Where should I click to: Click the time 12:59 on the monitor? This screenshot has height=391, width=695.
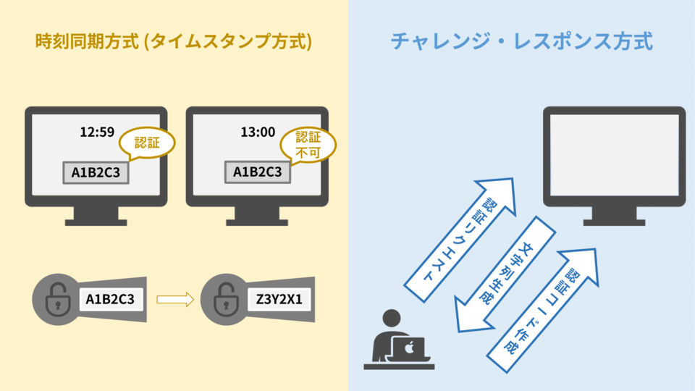[x=97, y=133]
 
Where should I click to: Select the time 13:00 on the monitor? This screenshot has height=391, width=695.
[x=258, y=133]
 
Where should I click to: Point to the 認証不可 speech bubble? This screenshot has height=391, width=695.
[x=307, y=144]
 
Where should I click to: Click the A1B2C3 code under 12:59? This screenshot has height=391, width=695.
[x=96, y=172]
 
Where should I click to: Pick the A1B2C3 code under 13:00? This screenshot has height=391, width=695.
[x=257, y=172]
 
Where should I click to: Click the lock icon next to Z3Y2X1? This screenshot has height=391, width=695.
[x=218, y=298]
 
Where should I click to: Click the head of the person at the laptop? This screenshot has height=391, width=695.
[x=391, y=319]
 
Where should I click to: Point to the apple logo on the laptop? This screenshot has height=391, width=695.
[x=409, y=348]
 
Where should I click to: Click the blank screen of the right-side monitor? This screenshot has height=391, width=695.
[x=614, y=154]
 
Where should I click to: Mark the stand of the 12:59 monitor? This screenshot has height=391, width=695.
[x=96, y=214]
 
